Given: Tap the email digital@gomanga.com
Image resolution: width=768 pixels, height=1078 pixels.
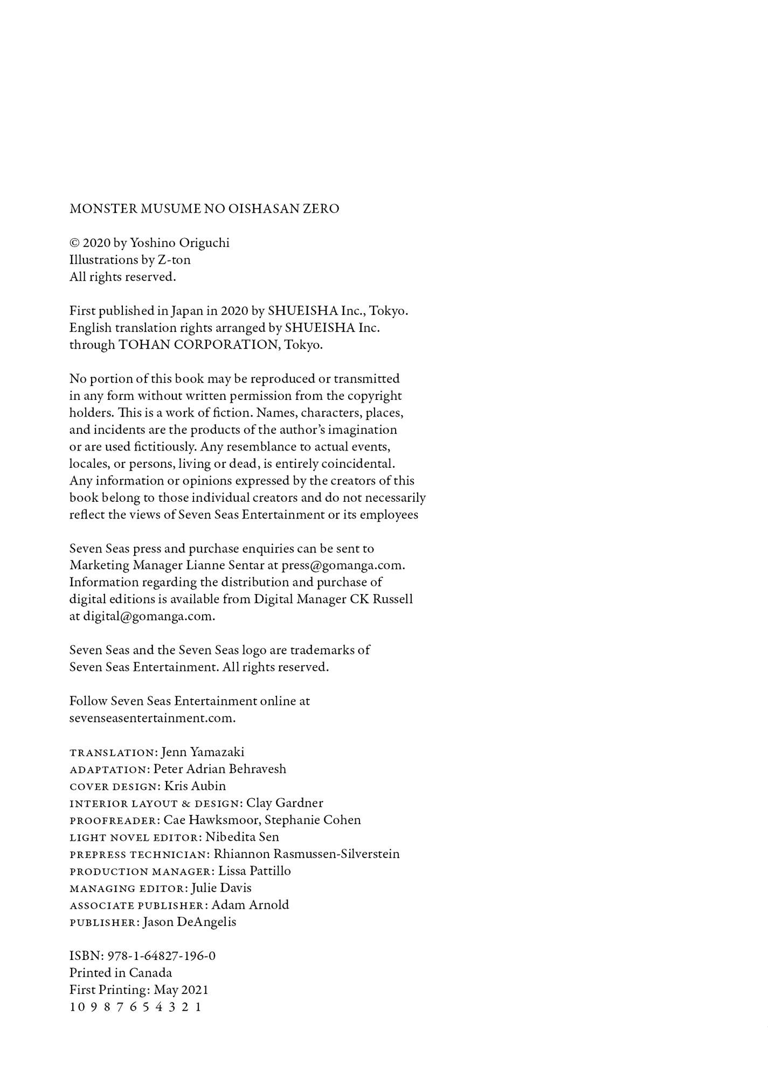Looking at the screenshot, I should click(x=148, y=616).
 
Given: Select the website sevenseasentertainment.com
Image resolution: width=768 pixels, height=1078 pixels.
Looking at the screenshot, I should click(x=152, y=718).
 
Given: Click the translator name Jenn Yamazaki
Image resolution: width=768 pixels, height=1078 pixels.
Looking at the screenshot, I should click(x=203, y=752).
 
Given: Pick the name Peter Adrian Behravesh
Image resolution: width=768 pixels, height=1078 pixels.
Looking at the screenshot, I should click(x=220, y=769).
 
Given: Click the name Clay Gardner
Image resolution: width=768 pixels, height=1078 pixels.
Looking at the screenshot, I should click(x=285, y=803).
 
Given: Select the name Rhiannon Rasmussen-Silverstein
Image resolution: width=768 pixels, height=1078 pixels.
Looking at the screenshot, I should click(x=307, y=854).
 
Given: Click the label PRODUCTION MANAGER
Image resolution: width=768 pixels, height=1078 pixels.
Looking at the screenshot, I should click(x=142, y=872).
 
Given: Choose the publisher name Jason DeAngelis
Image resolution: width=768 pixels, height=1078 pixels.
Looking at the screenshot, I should click(x=190, y=922).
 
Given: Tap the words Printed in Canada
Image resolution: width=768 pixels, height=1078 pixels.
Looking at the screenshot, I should click(x=121, y=973).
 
